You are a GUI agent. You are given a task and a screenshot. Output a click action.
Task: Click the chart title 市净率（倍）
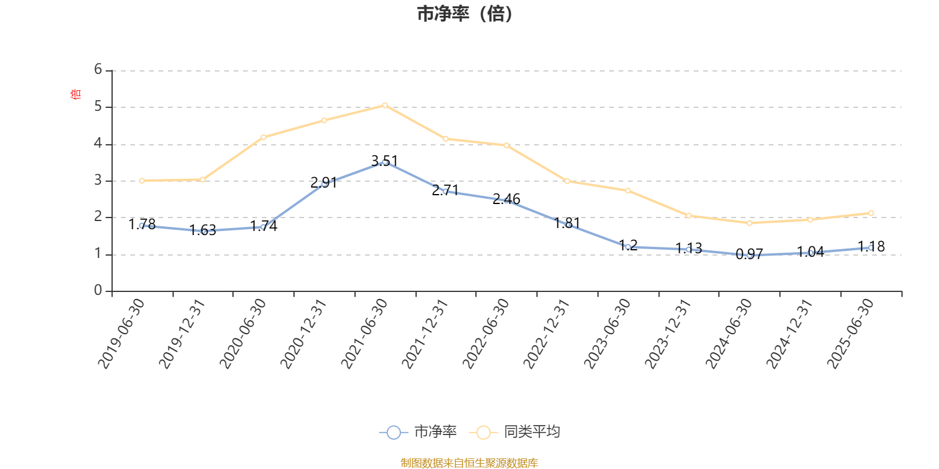click(465, 14)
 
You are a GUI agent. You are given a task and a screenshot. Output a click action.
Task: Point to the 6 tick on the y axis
click(98, 70)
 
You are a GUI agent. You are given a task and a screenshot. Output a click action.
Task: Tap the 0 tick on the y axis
click(98, 291)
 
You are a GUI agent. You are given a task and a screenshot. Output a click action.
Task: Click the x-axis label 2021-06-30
click(365, 333)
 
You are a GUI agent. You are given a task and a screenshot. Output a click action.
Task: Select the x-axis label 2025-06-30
click(851, 333)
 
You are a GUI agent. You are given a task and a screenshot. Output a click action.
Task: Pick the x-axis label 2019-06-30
click(121, 333)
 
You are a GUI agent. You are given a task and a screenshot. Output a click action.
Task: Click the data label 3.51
click(384, 161)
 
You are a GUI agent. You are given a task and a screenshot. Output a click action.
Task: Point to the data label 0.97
click(749, 254)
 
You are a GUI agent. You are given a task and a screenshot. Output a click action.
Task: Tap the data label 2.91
click(323, 182)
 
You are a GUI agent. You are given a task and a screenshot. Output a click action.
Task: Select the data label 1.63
click(202, 230)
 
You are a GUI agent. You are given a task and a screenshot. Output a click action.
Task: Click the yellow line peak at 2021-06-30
click(384, 105)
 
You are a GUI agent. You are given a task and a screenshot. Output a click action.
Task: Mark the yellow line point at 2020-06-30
click(263, 137)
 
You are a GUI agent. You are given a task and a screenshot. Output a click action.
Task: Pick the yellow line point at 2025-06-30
click(871, 213)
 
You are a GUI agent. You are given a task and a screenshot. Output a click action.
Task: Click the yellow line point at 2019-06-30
click(141, 181)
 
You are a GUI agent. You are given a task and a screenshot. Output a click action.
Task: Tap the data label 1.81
click(567, 223)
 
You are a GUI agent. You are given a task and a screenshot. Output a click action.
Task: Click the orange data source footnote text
click(469, 463)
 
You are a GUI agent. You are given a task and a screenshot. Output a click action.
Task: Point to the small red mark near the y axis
click(75, 94)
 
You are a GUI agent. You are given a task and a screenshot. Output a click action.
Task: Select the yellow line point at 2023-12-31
click(688, 216)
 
